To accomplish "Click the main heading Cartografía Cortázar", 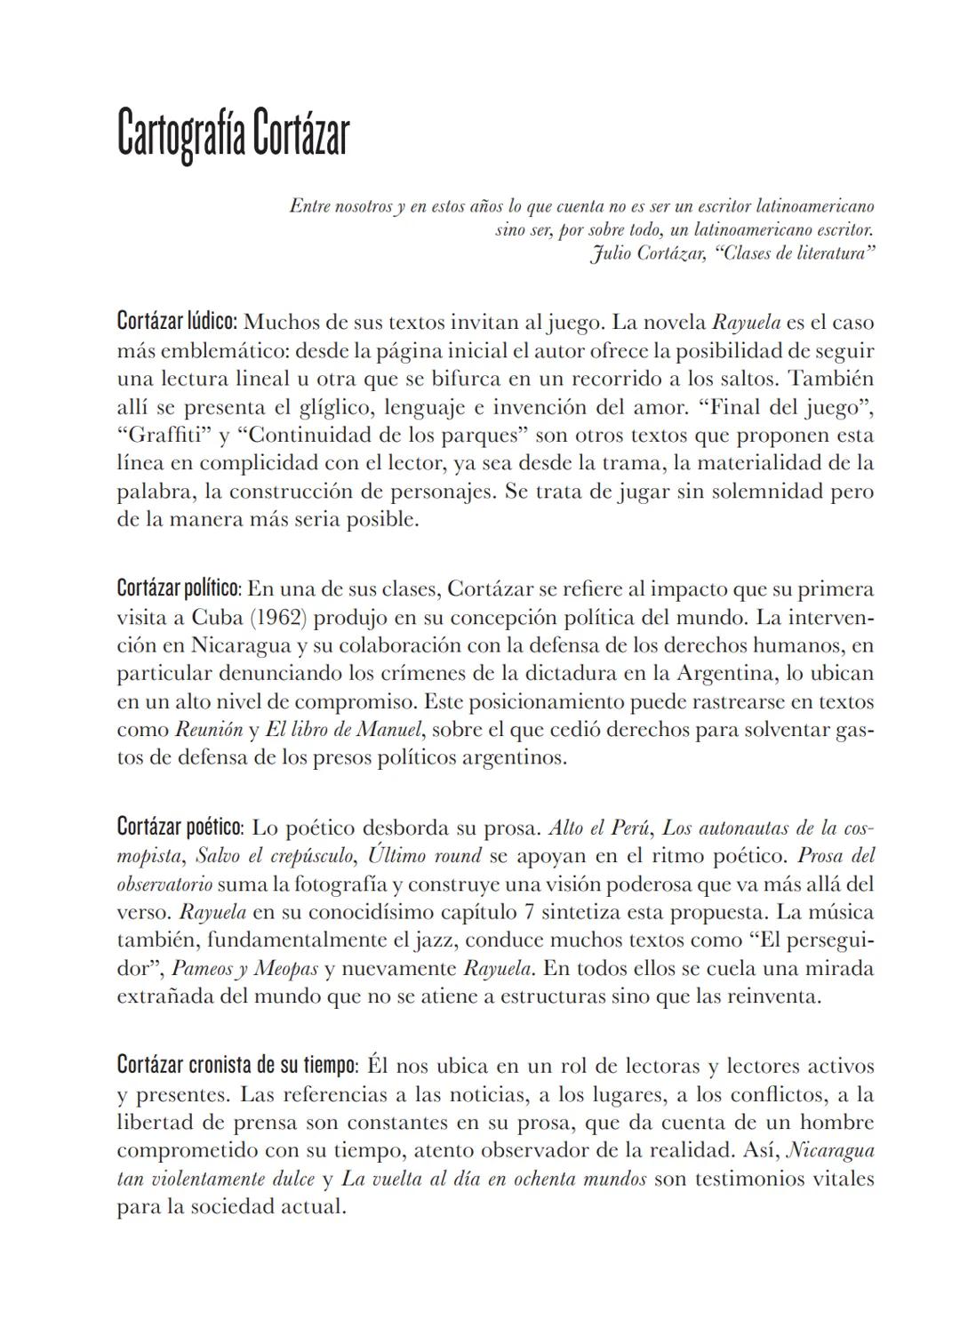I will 233,136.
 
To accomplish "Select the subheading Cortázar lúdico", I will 177,321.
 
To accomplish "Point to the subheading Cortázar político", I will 179,588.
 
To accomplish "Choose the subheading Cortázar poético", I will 180,828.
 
